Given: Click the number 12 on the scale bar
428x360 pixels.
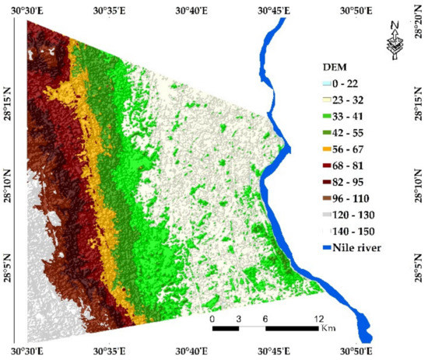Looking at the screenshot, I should pyautogui.click(x=319, y=320).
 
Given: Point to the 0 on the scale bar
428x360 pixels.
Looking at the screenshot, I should pyautogui.click(x=212, y=320).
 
